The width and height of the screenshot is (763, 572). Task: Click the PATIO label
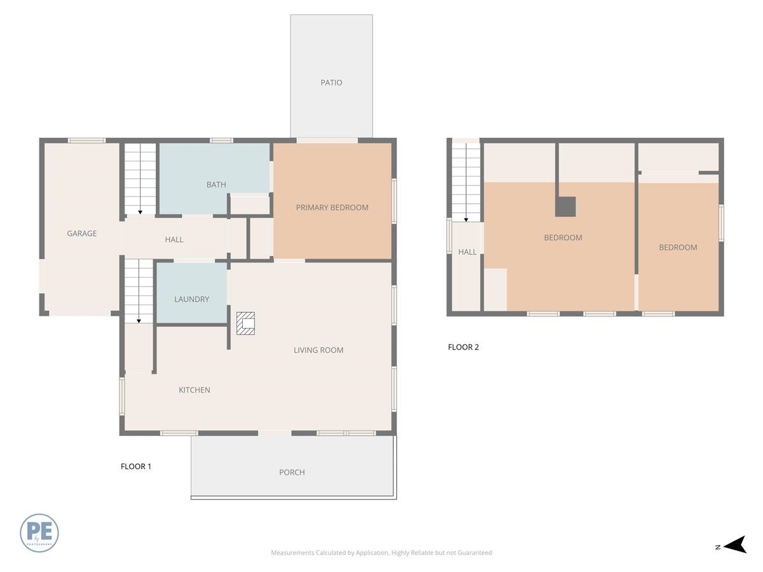[x=331, y=83]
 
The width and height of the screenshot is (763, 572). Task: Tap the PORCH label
[x=292, y=472]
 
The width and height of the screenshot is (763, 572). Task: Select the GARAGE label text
[x=82, y=233]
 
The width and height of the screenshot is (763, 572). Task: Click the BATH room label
[x=216, y=185]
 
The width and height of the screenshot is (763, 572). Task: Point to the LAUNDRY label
[x=191, y=299]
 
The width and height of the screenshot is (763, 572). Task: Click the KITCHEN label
[x=194, y=390]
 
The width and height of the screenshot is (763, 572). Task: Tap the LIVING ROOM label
[x=319, y=350]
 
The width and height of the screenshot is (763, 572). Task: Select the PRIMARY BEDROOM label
[x=332, y=207]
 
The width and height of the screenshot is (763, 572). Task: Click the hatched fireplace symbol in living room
[x=245, y=323]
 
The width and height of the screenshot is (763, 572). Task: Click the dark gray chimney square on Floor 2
[x=565, y=207]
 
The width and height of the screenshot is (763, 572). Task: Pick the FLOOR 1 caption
[x=136, y=466]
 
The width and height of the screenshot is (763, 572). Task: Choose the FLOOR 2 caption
[x=464, y=347]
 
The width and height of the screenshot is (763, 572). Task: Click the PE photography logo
[x=39, y=533]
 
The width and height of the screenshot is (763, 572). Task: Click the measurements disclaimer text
[x=381, y=553]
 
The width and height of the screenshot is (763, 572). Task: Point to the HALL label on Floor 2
[x=467, y=252]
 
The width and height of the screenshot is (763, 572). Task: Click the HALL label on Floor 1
[x=174, y=240]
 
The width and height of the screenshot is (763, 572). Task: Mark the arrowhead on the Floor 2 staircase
[x=466, y=219]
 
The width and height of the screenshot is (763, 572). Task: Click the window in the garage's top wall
[x=86, y=140]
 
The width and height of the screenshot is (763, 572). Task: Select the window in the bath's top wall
[x=221, y=140]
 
